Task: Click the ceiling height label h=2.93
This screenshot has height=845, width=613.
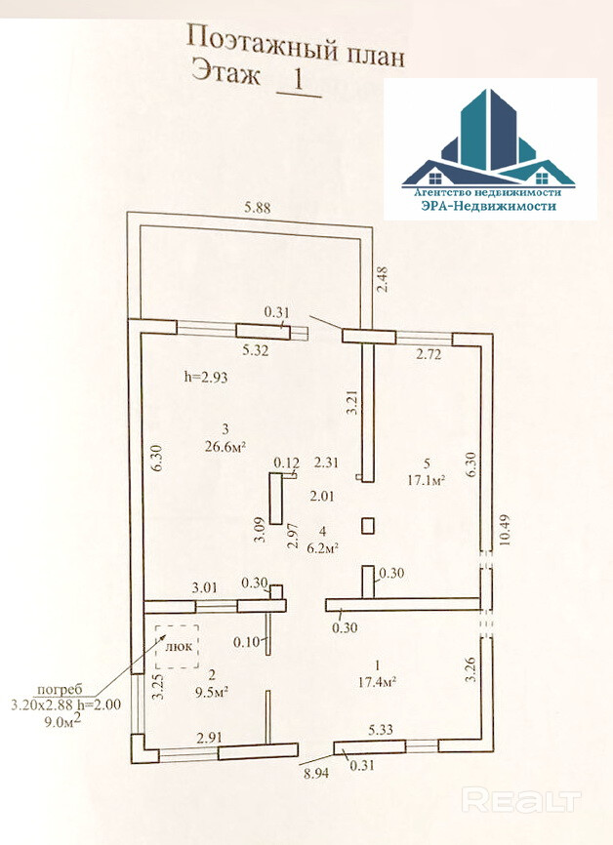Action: (x=206, y=377)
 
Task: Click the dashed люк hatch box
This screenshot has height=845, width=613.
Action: (x=176, y=646)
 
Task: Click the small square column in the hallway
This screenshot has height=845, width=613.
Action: (x=367, y=526)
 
